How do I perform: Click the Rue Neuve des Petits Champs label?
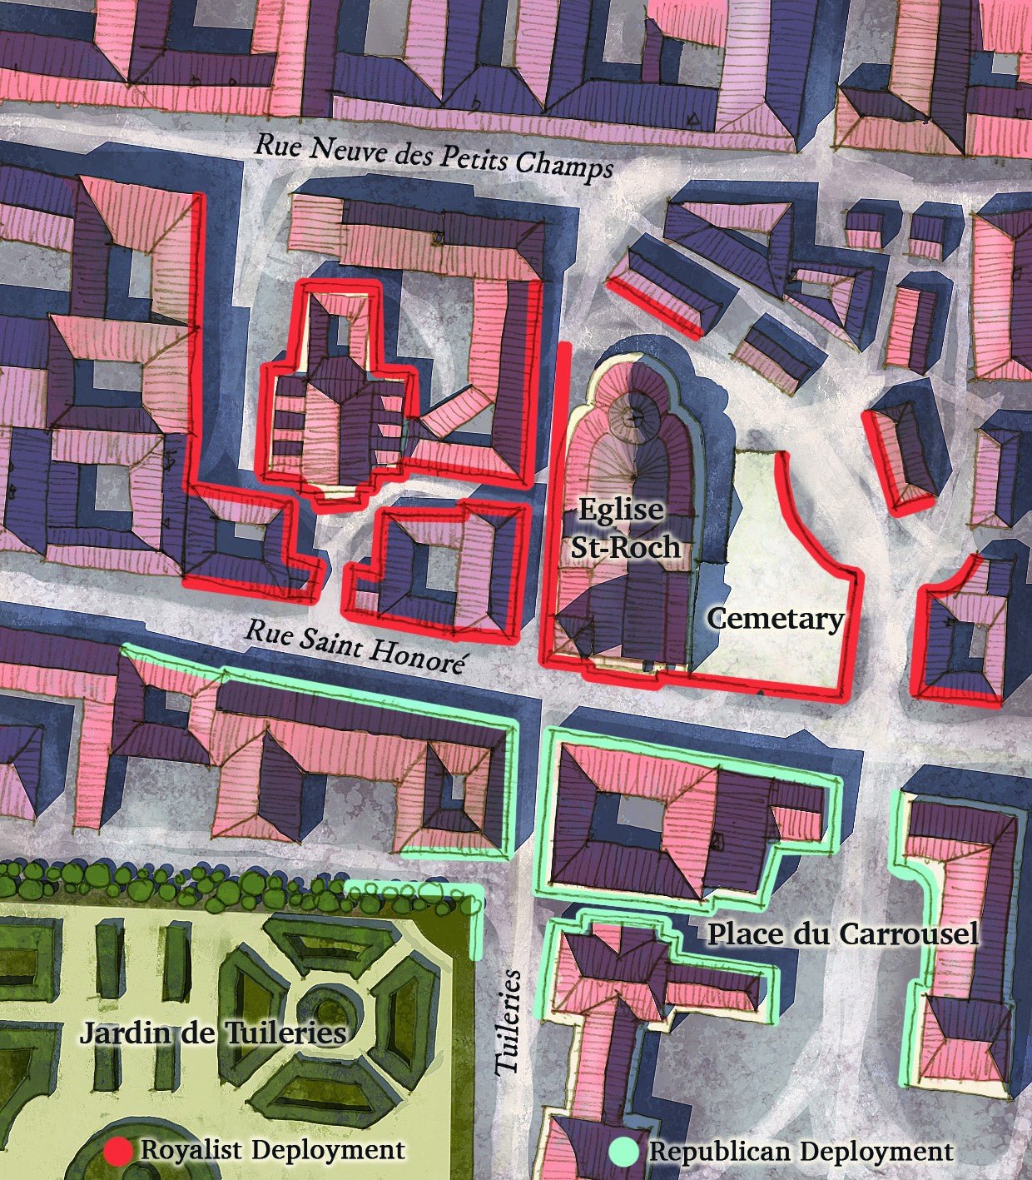pyautogui.click(x=433, y=156)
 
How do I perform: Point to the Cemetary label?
pyautogui.click(x=776, y=619)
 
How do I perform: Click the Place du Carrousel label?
pyautogui.click(x=842, y=934)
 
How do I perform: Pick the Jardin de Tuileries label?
pyautogui.click(x=213, y=1034)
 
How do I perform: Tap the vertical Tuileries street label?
pyautogui.click(x=509, y=1021)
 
